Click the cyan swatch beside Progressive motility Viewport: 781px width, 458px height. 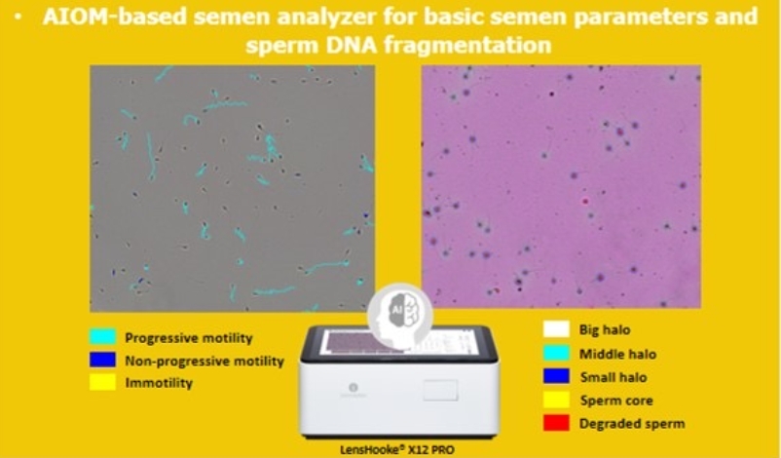[102, 336]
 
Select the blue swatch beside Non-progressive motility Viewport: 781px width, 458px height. [102, 360]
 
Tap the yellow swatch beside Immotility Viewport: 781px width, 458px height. [102, 382]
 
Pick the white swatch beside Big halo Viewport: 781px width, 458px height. [556, 329]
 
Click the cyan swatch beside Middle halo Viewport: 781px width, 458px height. [556, 353]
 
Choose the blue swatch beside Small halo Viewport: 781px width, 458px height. [556, 376]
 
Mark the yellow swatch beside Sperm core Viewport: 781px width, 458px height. [556, 400]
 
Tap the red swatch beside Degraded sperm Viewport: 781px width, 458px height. [556, 423]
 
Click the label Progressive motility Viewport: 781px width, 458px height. [189, 338]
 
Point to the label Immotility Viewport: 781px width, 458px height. [159, 383]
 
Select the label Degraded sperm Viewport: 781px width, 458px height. [632, 424]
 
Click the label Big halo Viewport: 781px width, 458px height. [605, 330]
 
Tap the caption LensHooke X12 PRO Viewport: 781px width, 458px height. [397, 450]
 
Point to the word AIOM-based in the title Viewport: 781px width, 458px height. [114, 17]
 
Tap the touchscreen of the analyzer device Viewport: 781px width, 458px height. [398, 343]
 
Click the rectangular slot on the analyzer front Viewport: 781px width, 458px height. [441, 390]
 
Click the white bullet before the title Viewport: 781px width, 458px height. [19, 17]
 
